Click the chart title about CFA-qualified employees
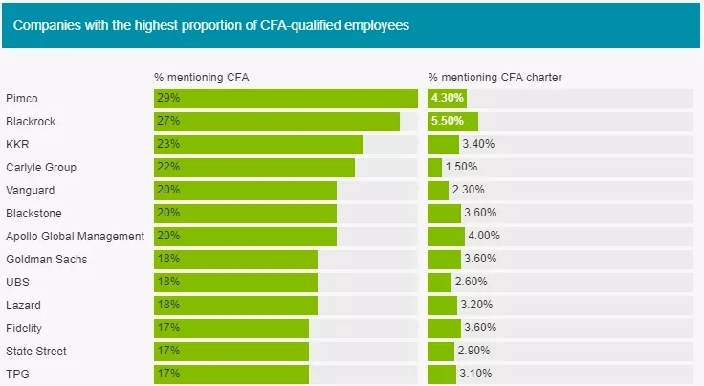(210, 25)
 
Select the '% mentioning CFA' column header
(202, 77)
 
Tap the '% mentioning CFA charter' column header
(495, 77)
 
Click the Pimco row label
(22, 99)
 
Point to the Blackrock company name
(30, 122)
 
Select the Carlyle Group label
(40, 168)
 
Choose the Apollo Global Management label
(75, 237)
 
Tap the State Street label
(35, 352)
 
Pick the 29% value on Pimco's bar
(169, 99)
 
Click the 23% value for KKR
(169, 145)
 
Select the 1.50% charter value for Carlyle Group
(462, 168)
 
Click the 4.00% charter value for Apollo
(483, 237)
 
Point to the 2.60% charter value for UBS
(471, 283)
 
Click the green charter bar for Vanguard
(438, 191)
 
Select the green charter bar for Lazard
(442, 306)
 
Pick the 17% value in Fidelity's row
(169, 329)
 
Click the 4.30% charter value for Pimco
(448, 99)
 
